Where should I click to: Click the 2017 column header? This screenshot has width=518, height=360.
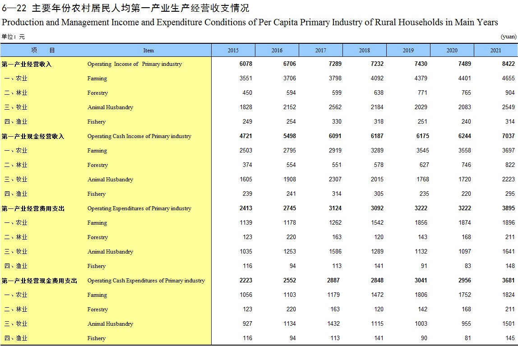pos(320,50)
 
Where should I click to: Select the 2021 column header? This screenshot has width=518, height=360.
pos(495,50)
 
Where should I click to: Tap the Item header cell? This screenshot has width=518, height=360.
pos(148,50)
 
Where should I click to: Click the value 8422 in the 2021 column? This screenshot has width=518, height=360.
pos(509,64)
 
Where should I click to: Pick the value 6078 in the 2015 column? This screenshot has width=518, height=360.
pos(246,64)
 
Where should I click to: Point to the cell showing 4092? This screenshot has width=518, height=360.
pos(377,78)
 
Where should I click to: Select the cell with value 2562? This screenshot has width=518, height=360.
pos(335,107)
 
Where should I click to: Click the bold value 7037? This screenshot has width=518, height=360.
pos(509,136)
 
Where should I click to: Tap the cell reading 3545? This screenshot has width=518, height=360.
pos(422,150)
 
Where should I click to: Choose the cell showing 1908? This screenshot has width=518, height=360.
pos(290,180)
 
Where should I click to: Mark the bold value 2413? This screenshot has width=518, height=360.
pos(246,208)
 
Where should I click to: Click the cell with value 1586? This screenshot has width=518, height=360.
pos(335,251)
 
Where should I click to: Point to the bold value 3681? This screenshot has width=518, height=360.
pos(509,281)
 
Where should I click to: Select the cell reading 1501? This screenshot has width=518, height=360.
pos(509,323)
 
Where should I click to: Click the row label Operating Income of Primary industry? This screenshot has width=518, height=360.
pos(134,64)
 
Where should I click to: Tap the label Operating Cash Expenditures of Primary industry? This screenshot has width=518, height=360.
pos(146,281)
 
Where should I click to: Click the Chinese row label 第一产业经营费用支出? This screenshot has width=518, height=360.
pos(32,208)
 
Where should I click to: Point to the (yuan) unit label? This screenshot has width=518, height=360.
pos(509,37)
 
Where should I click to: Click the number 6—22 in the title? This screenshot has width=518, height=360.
pos(14,8)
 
